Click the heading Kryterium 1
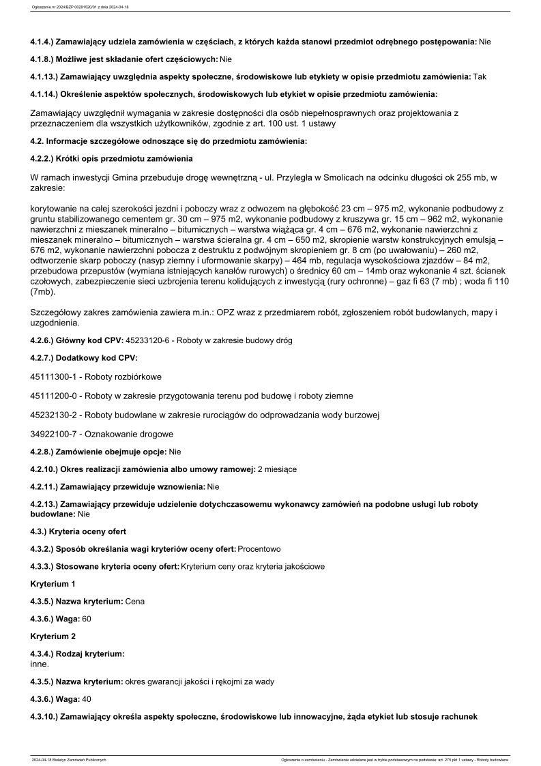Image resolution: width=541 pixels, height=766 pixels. pos(53,584)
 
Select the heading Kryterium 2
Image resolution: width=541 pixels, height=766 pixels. pos(53,636)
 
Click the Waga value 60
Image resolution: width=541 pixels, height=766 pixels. pos(87,619)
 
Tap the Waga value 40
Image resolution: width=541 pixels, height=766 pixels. pos(87,699)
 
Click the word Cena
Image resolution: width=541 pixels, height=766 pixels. pos(135,602)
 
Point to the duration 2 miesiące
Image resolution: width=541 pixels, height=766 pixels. pos(277,469)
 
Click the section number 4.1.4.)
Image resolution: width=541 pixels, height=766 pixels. pos(44,42)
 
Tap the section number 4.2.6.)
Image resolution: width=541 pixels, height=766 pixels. pos(44,340)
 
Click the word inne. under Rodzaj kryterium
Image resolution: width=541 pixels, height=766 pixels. pos(41,662)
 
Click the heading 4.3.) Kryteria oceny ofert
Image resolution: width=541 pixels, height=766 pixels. pos(78,531)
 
